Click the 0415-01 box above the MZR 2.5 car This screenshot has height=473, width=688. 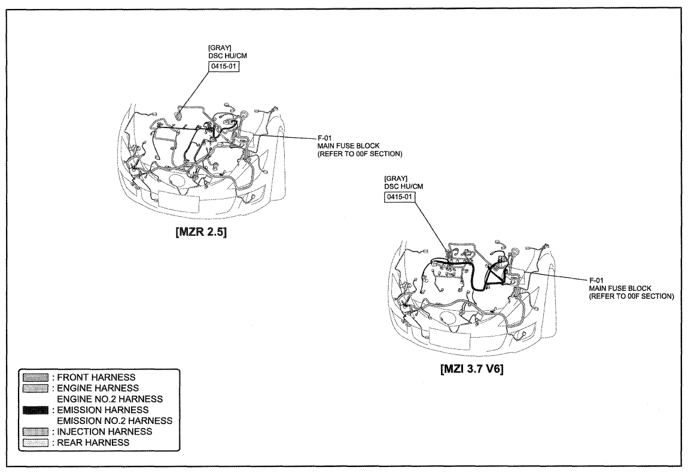click(224, 66)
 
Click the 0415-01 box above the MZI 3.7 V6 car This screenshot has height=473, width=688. click(400, 197)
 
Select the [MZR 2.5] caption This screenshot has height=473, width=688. click(202, 232)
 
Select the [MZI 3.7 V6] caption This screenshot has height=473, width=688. click(471, 368)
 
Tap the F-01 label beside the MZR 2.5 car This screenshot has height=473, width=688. click(325, 138)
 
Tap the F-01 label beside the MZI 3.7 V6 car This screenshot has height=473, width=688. click(596, 280)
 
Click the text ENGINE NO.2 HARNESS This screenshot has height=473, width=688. click(109, 399)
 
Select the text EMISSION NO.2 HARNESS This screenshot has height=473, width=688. click(114, 421)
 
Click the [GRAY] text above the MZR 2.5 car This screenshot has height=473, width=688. click(220, 47)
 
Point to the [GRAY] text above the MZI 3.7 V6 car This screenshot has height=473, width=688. click(396, 178)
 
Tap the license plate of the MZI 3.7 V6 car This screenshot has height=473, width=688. click(449, 337)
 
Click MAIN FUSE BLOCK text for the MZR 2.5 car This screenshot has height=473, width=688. click(349, 146)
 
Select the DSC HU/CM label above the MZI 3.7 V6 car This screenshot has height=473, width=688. click(404, 186)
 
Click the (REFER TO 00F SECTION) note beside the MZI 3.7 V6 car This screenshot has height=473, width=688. click(631, 296)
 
